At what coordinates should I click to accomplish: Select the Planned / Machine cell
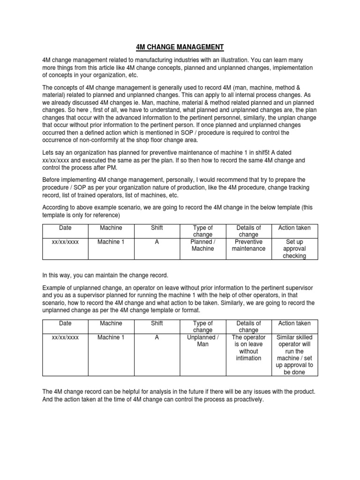click(x=202, y=245)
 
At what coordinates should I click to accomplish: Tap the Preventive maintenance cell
click(x=248, y=245)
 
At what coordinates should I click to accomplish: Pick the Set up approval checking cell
click(x=294, y=249)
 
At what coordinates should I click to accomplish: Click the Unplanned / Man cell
click(x=202, y=341)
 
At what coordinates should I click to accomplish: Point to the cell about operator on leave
click(x=248, y=348)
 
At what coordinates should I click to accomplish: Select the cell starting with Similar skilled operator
click(x=294, y=355)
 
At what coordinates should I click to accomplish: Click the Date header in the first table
click(x=65, y=228)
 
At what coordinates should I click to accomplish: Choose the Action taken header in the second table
click(x=294, y=323)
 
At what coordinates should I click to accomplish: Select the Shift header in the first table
click(x=157, y=228)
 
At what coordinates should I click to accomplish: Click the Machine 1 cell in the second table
click(x=111, y=337)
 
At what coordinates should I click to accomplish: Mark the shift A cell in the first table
click(x=157, y=242)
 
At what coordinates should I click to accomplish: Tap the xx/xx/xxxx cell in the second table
click(x=65, y=337)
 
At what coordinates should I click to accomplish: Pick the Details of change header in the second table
click(x=248, y=327)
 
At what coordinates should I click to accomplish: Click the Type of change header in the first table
click(x=202, y=231)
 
